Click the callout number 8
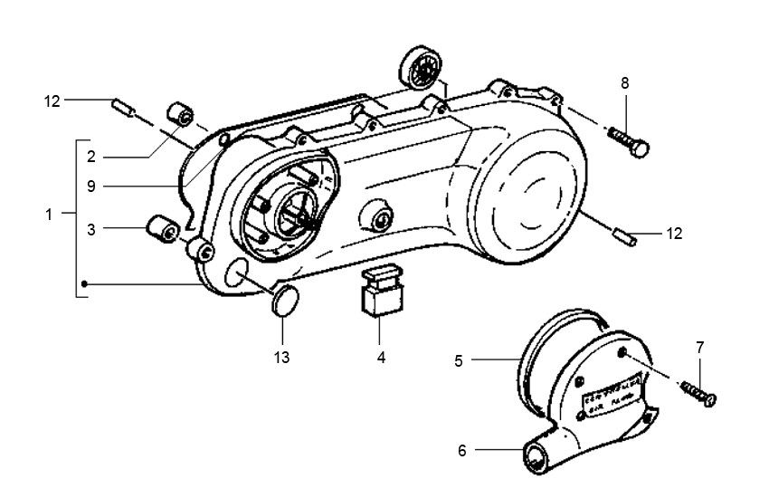click(625, 83)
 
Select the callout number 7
click(699, 348)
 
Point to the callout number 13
click(281, 358)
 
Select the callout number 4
click(381, 358)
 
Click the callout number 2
click(91, 157)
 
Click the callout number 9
click(91, 187)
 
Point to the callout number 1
click(48, 215)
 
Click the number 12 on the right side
click(673, 234)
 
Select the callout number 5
click(459, 361)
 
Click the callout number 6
click(461, 450)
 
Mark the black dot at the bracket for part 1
click(84, 284)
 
